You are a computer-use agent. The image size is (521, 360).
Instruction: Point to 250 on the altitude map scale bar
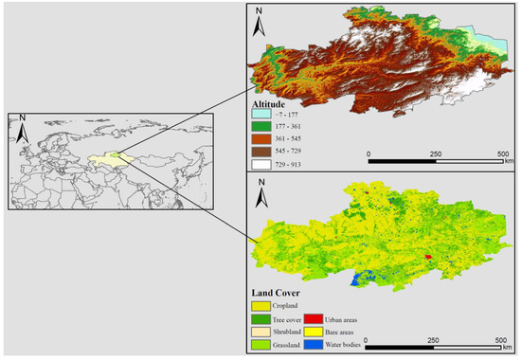pos(435,153)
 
